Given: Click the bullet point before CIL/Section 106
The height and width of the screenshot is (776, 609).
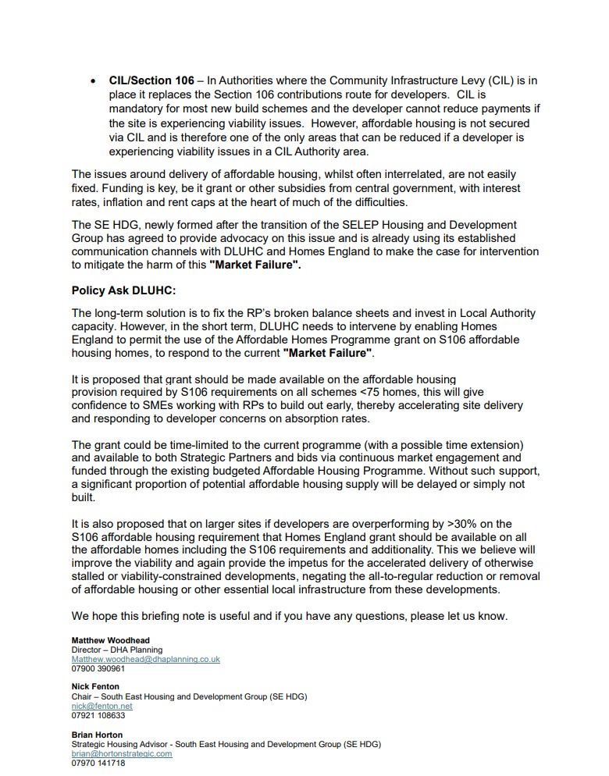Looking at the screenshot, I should [94, 80].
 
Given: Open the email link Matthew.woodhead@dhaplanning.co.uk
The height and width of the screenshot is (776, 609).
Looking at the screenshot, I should [145, 659].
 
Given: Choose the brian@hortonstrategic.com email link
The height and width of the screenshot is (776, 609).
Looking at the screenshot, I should [121, 753].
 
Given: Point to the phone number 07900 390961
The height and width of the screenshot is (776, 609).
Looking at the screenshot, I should [98, 668].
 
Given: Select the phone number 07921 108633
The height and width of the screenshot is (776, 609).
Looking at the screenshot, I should [98, 715].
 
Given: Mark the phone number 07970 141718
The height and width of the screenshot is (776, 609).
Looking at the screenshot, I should [98, 763].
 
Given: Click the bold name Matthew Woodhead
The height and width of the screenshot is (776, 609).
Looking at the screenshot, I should [110, 640].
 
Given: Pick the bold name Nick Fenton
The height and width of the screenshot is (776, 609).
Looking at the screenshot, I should [95, 687].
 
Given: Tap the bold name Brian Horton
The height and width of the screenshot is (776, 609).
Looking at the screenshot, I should [97, 735].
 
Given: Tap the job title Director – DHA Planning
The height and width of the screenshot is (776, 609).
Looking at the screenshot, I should [117, 650].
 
